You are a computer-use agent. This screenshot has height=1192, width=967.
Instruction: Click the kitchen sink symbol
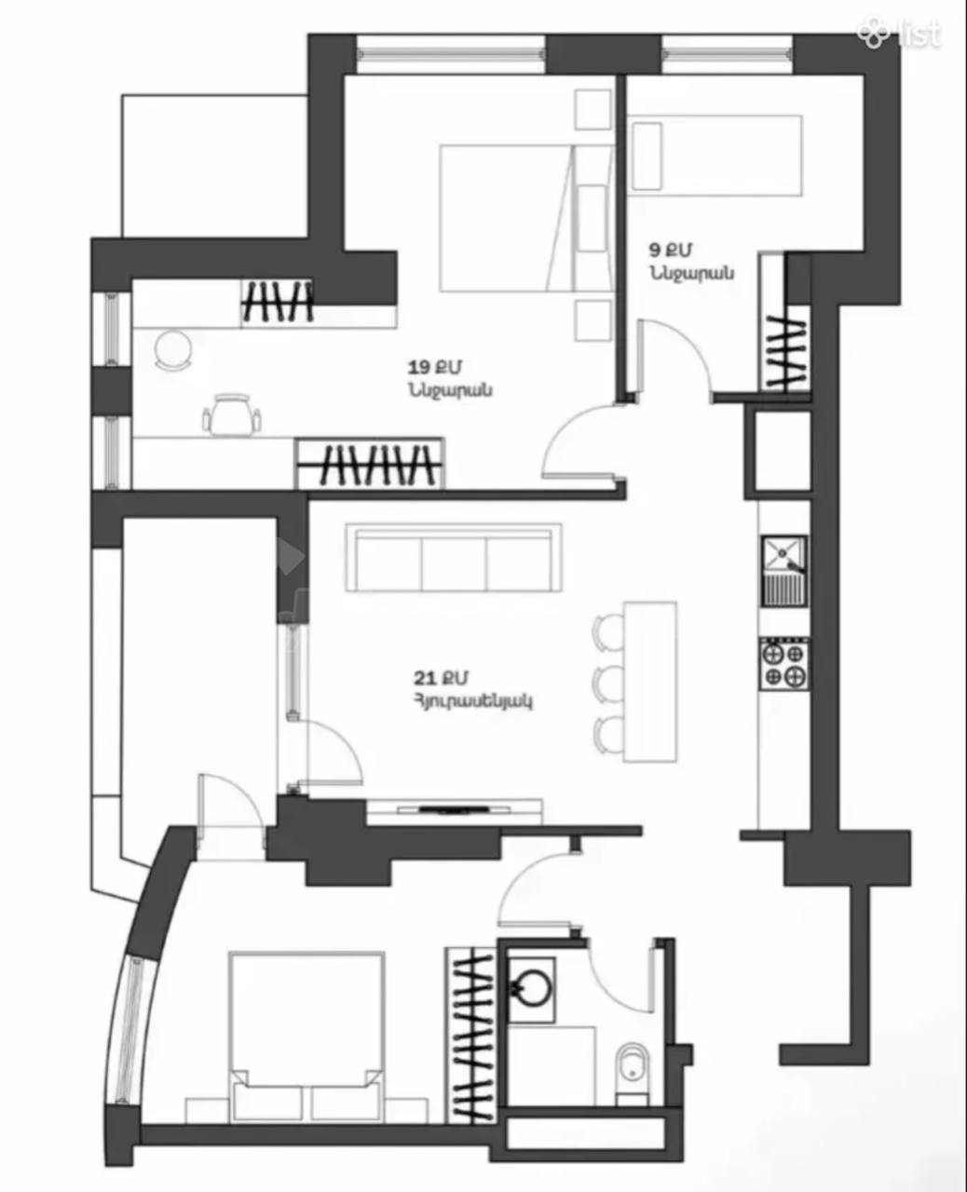click(x=783, y=571)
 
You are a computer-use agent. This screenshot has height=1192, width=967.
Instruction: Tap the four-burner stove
click(x=783, y=664)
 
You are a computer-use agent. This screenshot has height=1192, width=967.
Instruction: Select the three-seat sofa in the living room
click(x=454, y=558)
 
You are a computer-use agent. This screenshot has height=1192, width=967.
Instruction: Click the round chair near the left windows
click(x=172, y=349)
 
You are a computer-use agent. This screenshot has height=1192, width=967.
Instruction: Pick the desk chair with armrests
click(x=232, y=414)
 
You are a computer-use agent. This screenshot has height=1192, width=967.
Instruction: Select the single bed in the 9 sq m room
click(x=715, y=156)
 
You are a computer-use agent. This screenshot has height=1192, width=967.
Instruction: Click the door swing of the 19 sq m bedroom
click(x=582, y=442)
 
